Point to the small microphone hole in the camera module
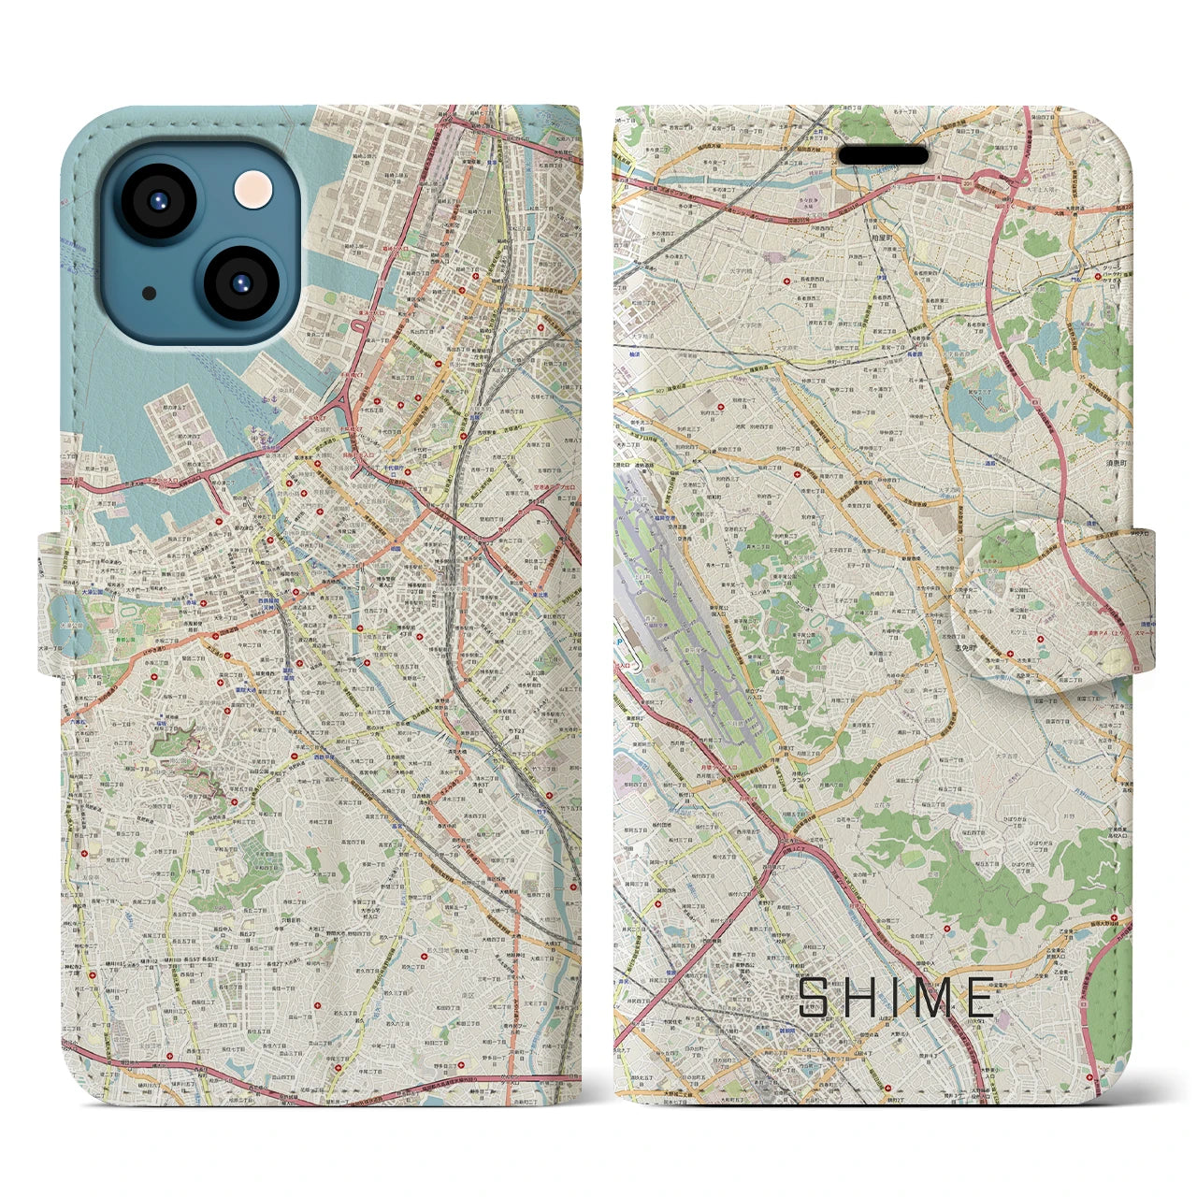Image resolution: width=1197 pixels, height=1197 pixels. [x=150, y=294]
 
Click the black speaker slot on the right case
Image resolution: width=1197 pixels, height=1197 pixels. [x=882, y=155]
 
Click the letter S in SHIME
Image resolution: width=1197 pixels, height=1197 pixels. [x=814, y=998]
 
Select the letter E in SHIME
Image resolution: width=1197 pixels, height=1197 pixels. [x=980, y=998]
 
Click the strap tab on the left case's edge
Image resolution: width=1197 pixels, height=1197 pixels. [x=49, y=603]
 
